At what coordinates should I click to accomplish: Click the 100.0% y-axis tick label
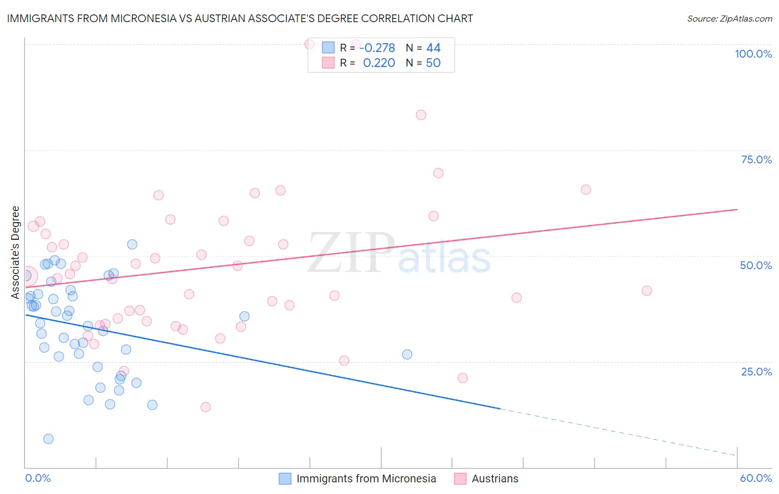pos(753,54)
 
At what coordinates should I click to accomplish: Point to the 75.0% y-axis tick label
pos(756,159)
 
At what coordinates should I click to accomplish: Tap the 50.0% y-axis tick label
pos(756,265)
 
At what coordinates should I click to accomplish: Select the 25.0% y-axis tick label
pos(756,371)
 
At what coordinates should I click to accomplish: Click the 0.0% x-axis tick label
pos(38,478)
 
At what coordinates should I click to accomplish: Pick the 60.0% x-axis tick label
pos(756,478)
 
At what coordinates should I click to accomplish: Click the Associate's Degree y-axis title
pos(16,252)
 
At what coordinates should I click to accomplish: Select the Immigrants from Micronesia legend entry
pos(366,478)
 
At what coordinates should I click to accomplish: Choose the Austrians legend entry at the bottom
pos(495,478)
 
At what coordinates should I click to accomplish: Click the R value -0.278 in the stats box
pos(377,48)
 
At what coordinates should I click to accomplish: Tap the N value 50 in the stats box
pos(433,63)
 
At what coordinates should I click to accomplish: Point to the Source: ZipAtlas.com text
pos(729,18)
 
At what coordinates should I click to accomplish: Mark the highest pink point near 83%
pos(421,115)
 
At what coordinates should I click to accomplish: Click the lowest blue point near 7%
pos(48,439)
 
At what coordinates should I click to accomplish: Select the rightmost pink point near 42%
pos(647,291)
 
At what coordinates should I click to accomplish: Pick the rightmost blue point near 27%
pos(407,354)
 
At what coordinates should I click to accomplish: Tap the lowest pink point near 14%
pos(206,407)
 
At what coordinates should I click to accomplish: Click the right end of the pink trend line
pos(737,209)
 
